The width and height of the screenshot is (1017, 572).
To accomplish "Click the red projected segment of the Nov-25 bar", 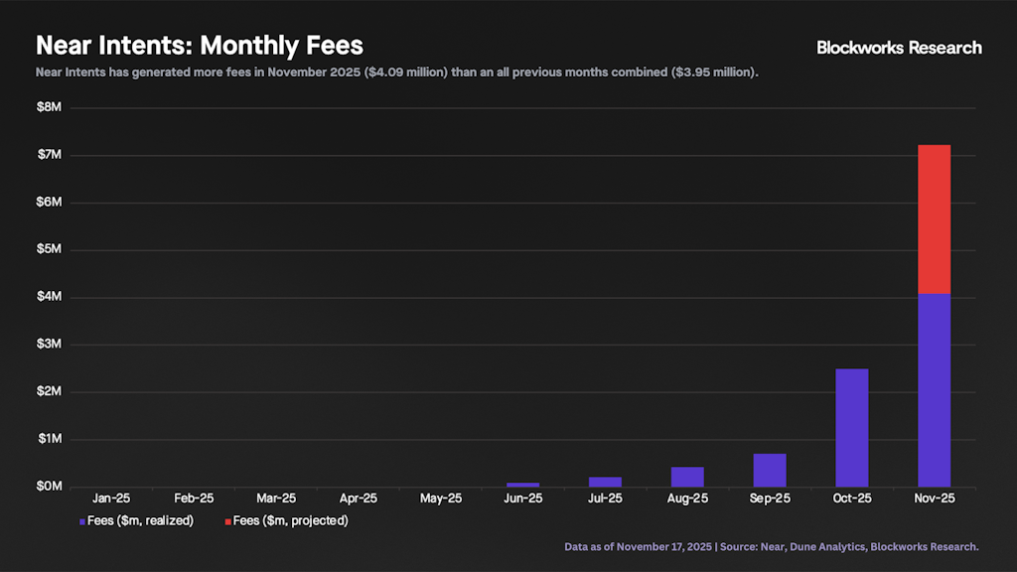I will tap(934, 219).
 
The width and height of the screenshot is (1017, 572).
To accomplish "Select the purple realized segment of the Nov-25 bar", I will tap(934, 389).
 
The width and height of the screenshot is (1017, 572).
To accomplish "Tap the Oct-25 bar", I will tap(851, 427).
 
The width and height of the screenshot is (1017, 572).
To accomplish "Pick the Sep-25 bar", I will tap(769, 470).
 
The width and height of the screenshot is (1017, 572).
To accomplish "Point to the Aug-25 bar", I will tap(687, 476).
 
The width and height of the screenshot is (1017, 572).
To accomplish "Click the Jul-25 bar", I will tap(605, 482).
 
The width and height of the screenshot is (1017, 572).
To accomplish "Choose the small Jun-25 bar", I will tap(522, 485).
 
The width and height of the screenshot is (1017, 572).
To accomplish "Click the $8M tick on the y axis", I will tap(50, 108).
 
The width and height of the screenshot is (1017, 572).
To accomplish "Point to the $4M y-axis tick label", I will tap(50, 297).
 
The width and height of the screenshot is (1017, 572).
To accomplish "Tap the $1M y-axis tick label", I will tap(50, 439).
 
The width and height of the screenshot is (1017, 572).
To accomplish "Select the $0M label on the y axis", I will tap(50, 487).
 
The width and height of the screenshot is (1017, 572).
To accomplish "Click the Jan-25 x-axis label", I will tap(111, 499).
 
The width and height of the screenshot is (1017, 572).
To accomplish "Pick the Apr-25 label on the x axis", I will tap(358, 499).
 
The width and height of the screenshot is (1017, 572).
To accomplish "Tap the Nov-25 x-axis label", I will tap(934, 499).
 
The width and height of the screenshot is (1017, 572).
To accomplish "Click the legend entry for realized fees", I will tap(136, 520).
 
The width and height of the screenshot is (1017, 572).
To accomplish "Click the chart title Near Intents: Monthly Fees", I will tap(200, 46).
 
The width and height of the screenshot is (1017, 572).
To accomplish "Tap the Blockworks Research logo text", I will tap(899, 48).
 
